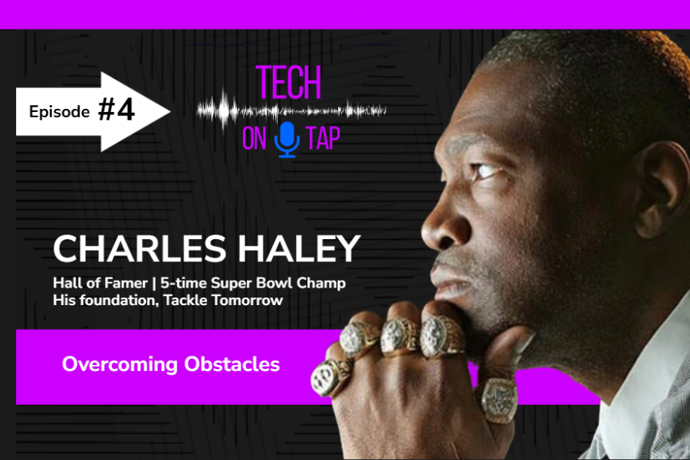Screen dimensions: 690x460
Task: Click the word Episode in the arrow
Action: point(59,112)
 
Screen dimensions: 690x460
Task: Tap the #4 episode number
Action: point(117,110)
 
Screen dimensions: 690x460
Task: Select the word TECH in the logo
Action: point(289,82)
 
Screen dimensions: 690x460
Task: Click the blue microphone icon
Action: point(287,140)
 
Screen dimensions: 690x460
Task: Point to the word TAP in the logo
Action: point(324,138)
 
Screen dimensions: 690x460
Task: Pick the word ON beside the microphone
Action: point(255,138)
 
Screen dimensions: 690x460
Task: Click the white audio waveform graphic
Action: point(291,110)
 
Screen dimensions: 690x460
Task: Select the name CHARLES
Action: point(140,248)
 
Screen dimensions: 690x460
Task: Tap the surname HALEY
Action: point(299,248)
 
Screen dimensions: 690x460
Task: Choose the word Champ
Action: point(320,283)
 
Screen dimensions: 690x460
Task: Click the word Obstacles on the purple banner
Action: point(232,364)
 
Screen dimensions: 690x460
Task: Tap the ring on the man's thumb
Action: point(498,400)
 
